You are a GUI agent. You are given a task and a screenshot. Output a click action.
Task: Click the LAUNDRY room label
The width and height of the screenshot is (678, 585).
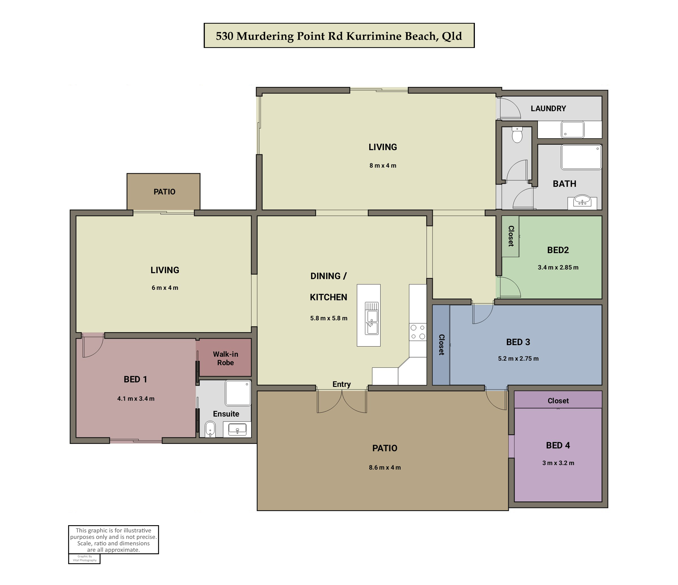point(548,108)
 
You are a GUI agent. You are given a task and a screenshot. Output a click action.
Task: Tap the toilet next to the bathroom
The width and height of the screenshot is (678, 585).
point(517,135)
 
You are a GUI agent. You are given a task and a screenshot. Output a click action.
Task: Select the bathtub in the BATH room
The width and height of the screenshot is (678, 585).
point(581,157)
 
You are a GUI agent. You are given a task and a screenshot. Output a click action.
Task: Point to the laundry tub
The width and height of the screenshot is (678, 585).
point(573,130)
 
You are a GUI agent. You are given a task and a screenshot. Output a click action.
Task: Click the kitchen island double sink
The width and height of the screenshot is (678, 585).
point(372,318)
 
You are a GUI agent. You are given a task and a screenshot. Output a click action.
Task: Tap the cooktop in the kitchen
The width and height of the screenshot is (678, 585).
point(418,332)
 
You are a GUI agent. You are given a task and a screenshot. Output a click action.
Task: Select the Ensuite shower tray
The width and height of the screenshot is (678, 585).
point(238,393)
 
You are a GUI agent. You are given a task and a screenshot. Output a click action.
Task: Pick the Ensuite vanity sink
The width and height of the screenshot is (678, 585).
point(237,430)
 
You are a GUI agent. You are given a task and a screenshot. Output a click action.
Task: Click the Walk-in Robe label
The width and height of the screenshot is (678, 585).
point(225,358)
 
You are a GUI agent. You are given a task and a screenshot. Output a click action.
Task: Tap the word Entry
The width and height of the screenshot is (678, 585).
point(342,384)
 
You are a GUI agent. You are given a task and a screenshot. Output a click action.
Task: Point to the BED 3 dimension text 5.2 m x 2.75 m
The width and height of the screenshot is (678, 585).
point(518,358)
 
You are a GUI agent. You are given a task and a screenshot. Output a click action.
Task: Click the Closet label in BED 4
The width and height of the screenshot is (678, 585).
point(558,401)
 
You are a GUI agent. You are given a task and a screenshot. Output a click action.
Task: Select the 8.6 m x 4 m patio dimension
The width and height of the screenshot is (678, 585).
point(385,467)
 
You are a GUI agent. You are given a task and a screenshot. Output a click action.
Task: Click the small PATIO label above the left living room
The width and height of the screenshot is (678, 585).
point(165,192)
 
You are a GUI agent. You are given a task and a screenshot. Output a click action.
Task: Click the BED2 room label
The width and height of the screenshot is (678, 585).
point(558,250)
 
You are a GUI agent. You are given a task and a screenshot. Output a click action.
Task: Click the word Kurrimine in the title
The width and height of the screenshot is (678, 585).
point(374,36)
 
